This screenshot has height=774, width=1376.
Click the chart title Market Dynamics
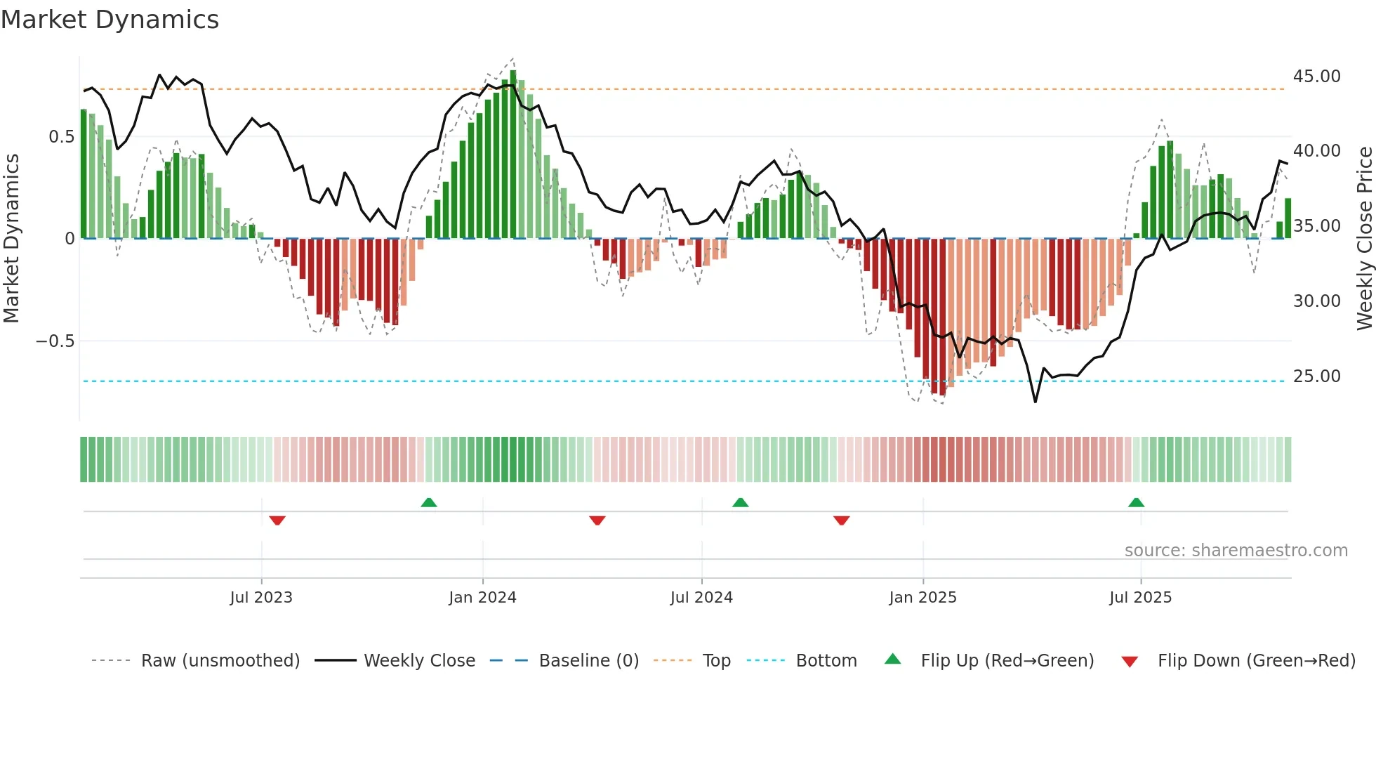pos(110,20)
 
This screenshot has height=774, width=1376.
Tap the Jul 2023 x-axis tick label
pos(261,598)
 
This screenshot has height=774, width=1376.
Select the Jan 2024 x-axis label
pos(483,598)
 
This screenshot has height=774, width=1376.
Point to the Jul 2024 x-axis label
pos(701,598)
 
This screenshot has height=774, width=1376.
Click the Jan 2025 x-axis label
pos(922,598)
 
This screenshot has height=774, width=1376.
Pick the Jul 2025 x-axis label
pos(1141,598)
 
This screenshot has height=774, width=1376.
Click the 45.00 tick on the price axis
pos(1317,77)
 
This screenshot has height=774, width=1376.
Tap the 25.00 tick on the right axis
pos(1317,376)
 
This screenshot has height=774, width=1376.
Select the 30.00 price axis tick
pos(1317,301)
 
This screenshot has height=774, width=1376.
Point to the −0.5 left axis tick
pos(55,341)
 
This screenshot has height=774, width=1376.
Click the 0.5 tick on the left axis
pos(61,137)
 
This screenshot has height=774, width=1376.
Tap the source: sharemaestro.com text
pos(1236,551)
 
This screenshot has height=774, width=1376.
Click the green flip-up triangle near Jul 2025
pos(1136,502)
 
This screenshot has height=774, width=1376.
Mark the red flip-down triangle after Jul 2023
pos(277,520)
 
